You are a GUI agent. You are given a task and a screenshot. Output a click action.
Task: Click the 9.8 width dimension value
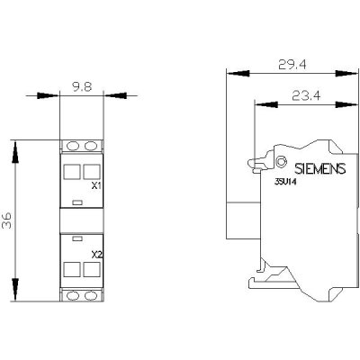82,87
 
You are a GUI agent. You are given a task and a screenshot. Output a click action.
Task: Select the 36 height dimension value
7,220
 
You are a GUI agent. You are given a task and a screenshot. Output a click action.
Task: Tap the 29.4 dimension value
292,64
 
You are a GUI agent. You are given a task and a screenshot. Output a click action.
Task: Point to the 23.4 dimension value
306,96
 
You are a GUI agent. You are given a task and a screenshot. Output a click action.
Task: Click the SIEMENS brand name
320,169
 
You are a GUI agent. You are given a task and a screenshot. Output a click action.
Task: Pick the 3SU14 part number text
285,182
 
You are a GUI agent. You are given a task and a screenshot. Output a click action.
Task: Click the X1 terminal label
96,186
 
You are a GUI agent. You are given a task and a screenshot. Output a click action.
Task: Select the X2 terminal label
96,255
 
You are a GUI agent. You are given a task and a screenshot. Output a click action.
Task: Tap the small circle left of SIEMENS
281,162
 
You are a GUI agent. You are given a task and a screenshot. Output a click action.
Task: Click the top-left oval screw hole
72,146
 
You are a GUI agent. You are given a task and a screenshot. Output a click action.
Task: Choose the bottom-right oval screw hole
90,296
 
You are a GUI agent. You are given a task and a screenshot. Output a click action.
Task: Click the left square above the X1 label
72,172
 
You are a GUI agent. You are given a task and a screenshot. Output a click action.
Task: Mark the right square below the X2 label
91,269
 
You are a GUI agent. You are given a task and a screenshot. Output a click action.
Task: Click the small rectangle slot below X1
77,202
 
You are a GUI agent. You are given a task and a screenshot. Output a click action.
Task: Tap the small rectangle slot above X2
77,238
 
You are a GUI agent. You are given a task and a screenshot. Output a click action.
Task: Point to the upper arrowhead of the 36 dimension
15,152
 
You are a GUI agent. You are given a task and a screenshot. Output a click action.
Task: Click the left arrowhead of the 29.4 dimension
238,74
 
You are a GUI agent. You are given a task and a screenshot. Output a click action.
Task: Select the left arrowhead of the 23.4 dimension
266,104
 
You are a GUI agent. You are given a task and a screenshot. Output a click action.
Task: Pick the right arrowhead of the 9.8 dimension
114,95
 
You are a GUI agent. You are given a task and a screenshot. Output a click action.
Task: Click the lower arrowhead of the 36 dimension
15,289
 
